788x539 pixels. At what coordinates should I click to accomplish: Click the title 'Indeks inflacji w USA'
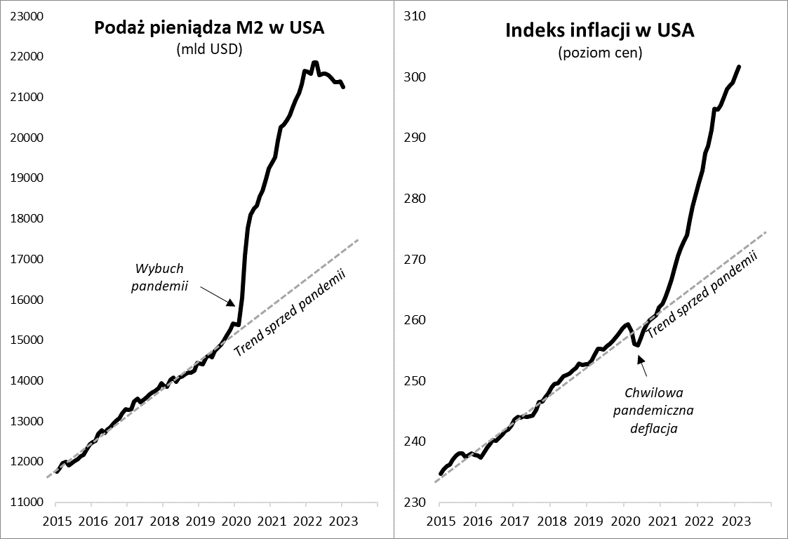[600, 31]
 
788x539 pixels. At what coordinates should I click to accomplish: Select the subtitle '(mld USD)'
[209, 49]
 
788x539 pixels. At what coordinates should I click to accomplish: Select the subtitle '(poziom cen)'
[600, 52]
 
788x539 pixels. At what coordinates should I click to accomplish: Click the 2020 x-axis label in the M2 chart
[234, 522]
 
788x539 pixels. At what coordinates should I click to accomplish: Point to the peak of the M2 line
[315, 62]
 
